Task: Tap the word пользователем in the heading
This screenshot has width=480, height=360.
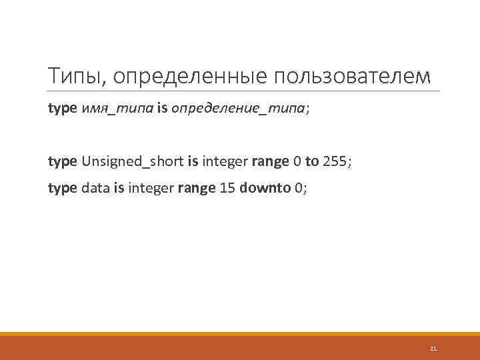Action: pos(353,77)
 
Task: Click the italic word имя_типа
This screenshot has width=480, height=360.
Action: pos(117,107)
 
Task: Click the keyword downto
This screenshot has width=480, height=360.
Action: pos(264,188)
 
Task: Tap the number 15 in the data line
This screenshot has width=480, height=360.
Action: pos(226,188)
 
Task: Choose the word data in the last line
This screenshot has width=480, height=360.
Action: pos(95,188)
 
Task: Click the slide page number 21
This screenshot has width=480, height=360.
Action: pos(433,349)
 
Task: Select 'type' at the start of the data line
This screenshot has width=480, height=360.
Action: pos(63,188)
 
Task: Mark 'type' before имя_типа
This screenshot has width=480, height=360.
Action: pos(63,107)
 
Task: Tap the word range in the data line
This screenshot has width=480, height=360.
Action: pos(196,188)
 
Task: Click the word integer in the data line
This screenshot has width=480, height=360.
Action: pos(151,188)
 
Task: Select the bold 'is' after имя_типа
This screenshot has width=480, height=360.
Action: pos(163,107)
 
